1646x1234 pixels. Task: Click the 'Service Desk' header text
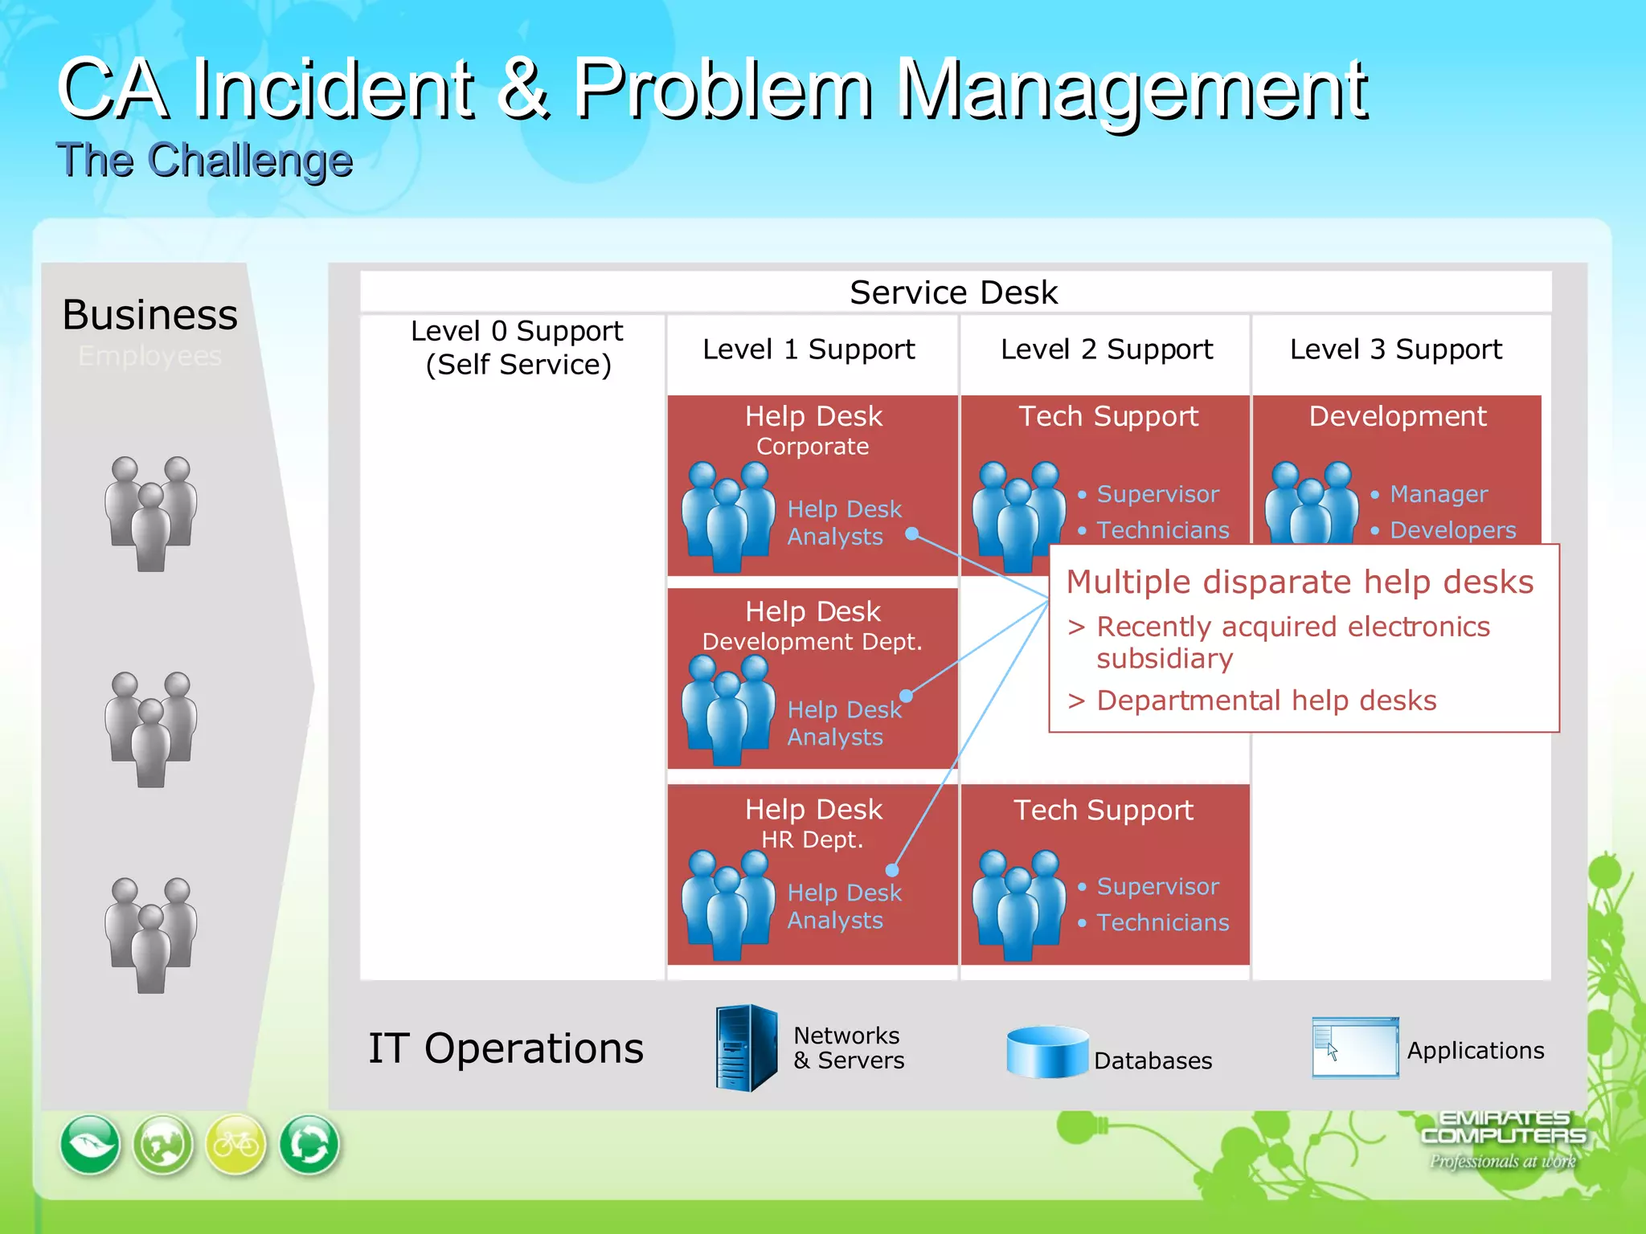click(953, 292)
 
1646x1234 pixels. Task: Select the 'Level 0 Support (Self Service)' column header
click(517, 348)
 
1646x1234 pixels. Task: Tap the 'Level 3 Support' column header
click(1395, 349)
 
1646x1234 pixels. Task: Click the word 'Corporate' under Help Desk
click(813, 447)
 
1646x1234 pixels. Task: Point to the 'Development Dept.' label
click(812, 642)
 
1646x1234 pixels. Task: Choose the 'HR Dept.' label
click(812, 840)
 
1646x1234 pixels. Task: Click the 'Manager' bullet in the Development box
click(1439, 494)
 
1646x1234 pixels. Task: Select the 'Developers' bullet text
click(1452, 530)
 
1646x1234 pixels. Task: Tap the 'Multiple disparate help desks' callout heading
click(1300, 582)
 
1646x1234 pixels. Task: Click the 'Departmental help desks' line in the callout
click(1266, 701)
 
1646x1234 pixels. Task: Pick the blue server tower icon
click(747, 1048)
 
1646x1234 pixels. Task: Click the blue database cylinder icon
click(1046, 1052)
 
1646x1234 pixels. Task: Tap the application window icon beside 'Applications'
click(1355, 1048)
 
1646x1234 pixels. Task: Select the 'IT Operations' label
click(506, 1048)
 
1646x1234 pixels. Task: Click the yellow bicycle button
click(235, 1144)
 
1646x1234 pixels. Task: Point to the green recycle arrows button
click(309, 1144)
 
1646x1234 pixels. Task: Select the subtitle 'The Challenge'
click(204, 160)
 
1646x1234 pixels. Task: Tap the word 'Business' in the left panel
click(150, 315)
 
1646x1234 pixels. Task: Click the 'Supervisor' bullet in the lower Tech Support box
click(1157, 886)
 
